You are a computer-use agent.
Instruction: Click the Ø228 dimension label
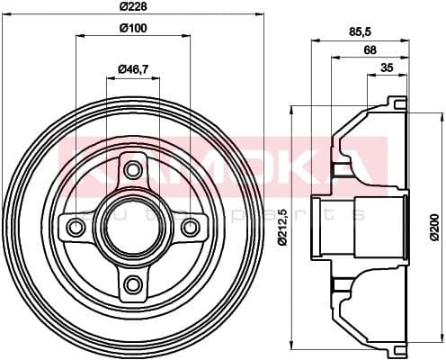tap(132, 9)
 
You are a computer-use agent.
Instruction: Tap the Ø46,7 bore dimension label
tap(133, 69)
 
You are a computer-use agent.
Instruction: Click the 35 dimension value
tap(387, 68)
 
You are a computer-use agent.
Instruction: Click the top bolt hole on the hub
tap(133, 170)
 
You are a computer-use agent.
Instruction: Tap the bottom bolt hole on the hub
tap(133, 284)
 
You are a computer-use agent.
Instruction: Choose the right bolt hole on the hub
tap(190, 227)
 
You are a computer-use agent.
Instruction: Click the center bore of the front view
tap(133, 227)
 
